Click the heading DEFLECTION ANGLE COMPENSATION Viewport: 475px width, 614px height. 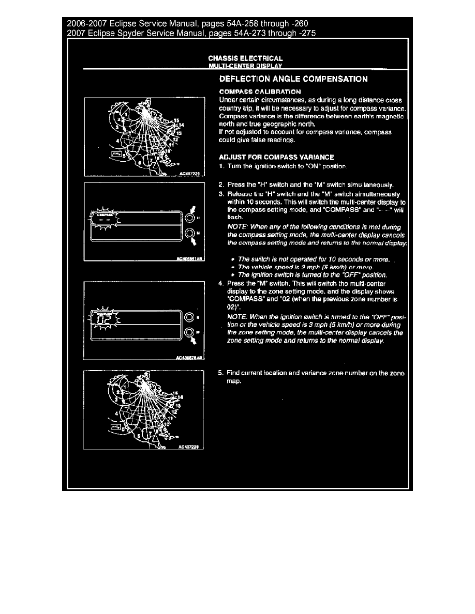(293, 79)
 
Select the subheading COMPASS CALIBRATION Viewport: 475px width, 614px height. (260, 91)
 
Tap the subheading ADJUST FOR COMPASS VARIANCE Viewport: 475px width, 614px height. (276, 157)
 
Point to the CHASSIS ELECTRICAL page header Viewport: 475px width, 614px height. (245, 58)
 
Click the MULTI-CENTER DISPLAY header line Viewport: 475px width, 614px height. (245, 66)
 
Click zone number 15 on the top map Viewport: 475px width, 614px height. (177, 120)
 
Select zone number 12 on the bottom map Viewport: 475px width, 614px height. (174, 412)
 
